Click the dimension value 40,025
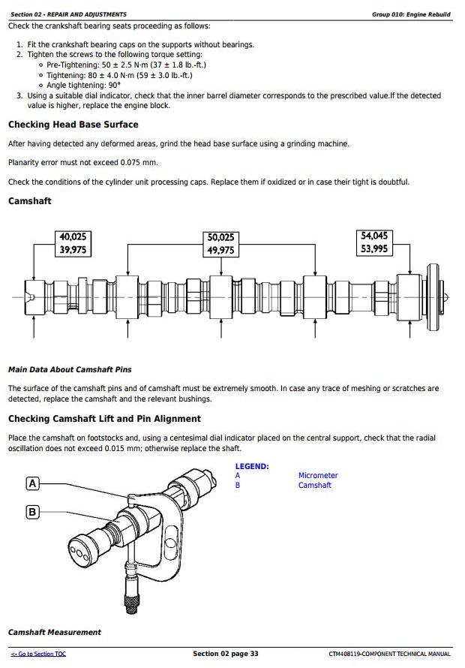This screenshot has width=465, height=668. pos(73,237)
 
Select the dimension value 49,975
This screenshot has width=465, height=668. pos(220,251)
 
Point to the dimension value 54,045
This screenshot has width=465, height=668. pos(374,236)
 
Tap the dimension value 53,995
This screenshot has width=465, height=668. pos(374,249)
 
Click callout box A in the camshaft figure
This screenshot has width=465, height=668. pos(32,483)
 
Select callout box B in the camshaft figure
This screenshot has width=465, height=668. pos(32,513)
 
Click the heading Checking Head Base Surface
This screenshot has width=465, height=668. pos(73,125)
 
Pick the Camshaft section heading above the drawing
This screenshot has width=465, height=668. pos(29,201)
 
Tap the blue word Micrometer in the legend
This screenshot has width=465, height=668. pos(318,475)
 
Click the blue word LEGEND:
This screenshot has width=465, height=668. pos(251,466)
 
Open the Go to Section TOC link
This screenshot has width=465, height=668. pos(38,654)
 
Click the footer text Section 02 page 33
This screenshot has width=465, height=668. pos(225,654)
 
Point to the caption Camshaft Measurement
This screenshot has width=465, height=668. pos(54,632)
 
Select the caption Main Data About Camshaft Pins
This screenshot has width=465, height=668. pos(70,369)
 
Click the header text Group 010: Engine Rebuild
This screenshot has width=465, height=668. pos(411,14)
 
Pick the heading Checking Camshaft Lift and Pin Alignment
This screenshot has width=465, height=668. pos(104,419)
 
